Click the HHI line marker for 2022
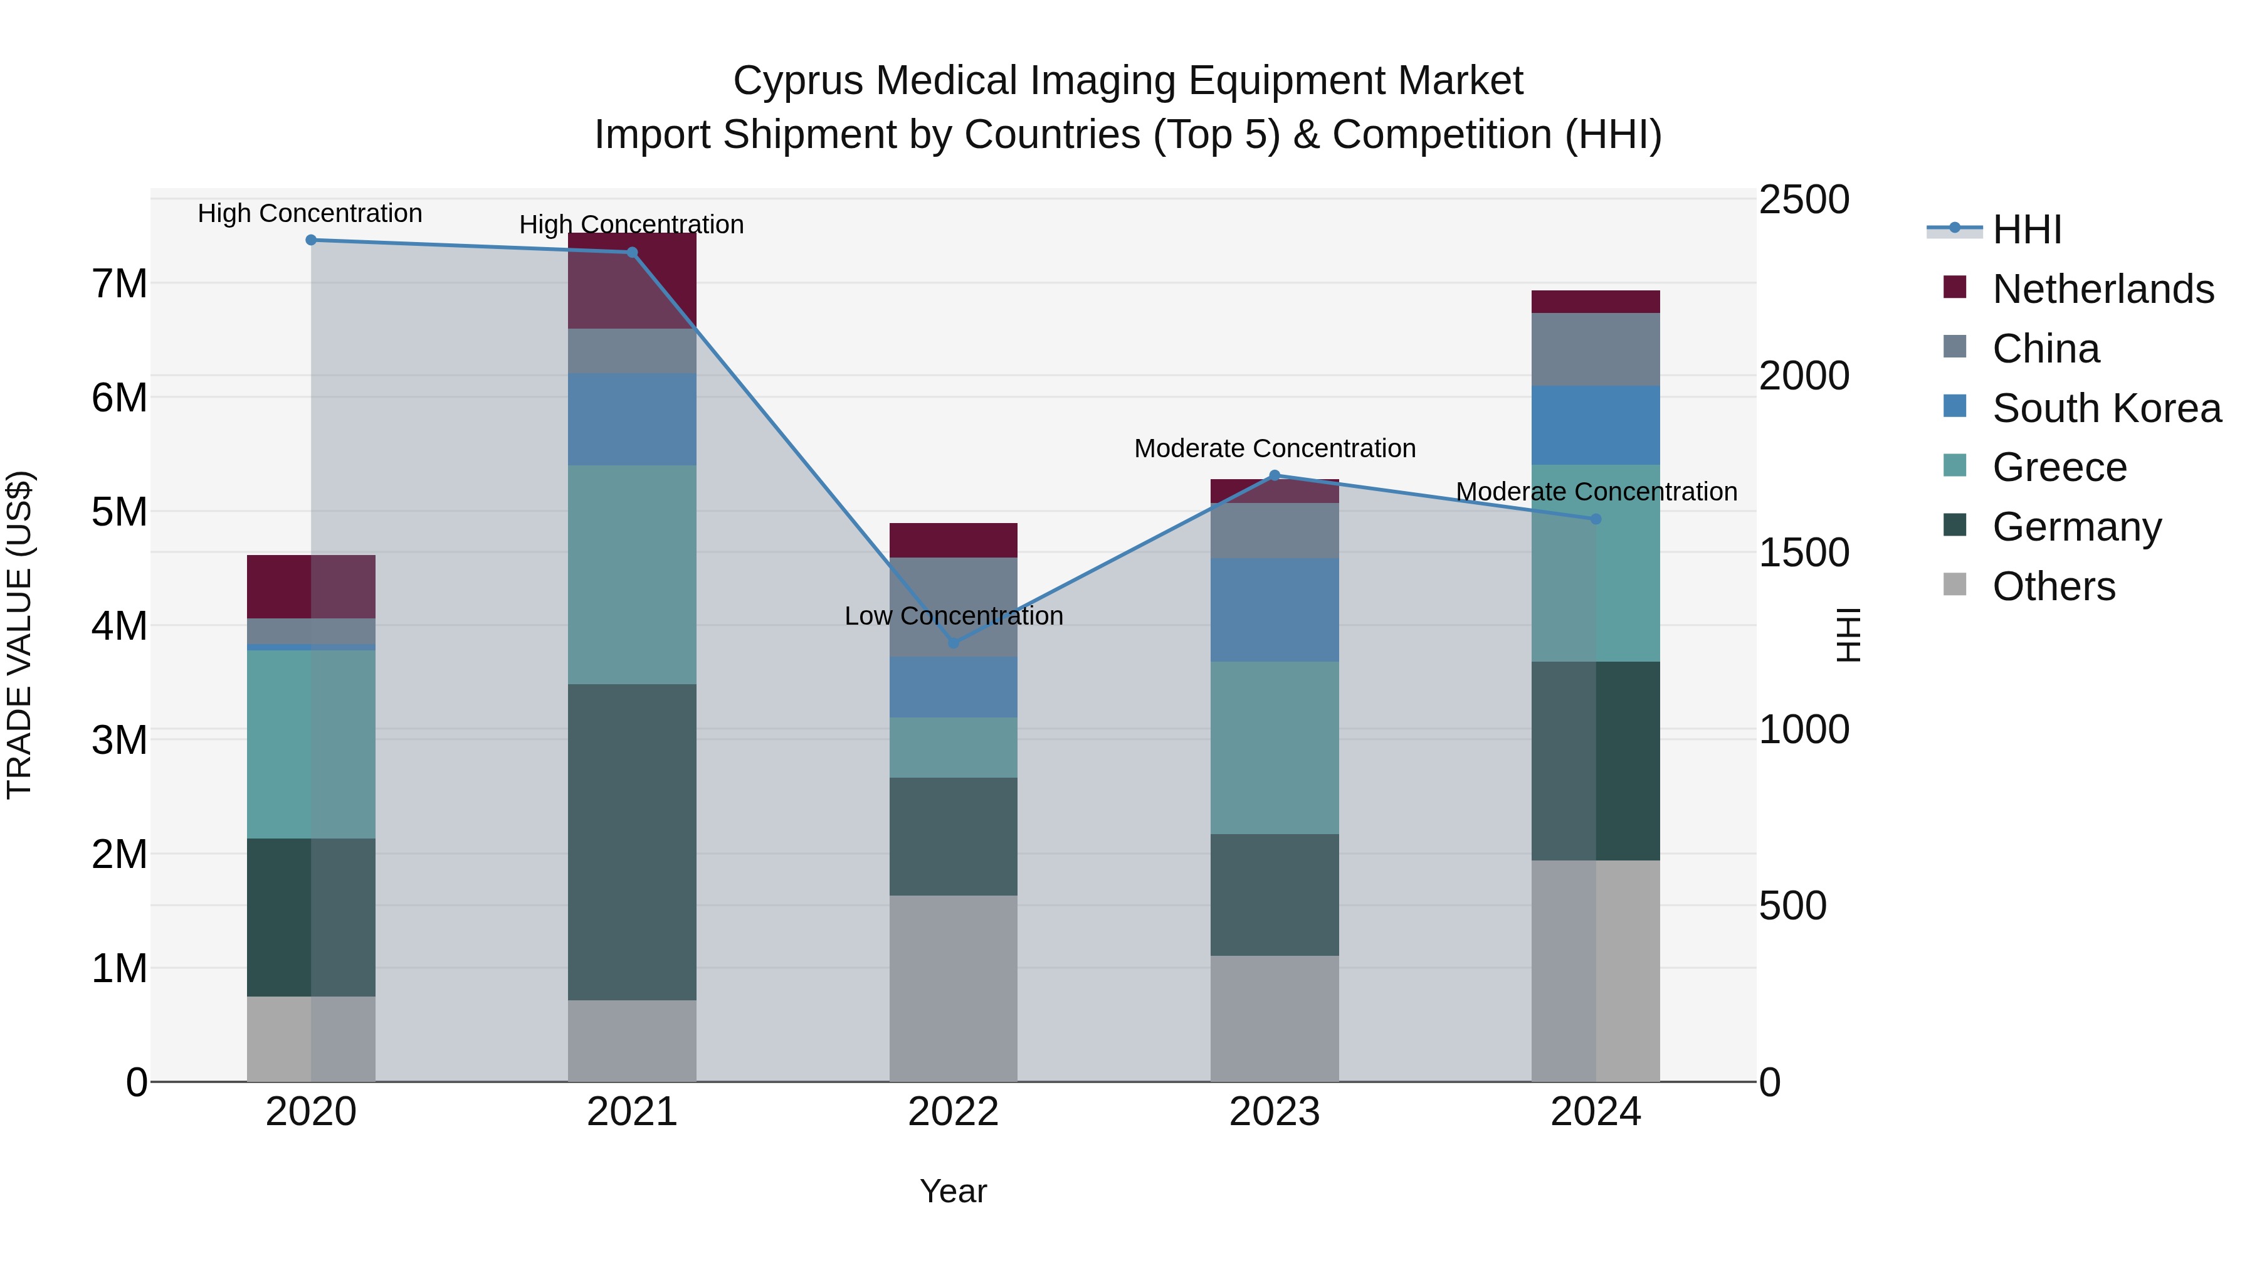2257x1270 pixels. coord(953,642)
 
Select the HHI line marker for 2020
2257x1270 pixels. coord(311,240)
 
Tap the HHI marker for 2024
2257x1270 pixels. coord(1596,519)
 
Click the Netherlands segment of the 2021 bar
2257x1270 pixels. coord(632,280)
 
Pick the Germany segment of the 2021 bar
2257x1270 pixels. coord(632,842)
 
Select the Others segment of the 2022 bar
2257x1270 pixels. coord(953,988)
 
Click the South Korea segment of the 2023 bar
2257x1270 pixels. coord(1274,609)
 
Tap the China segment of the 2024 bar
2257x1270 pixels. coord(1596,349)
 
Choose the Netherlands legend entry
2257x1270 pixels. coord(2102,289)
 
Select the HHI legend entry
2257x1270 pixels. coord(2026,230)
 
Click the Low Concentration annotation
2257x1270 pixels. coord(953,616)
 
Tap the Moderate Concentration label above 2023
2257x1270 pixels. coord(1274,449)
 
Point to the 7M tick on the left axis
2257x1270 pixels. coord(120,284)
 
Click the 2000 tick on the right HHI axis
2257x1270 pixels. coord(1803,376)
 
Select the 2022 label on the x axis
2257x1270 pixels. coord(953,1112)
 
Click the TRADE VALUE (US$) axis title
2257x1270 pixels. coord(19,635)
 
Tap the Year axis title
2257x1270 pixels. coord(953,1191)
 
